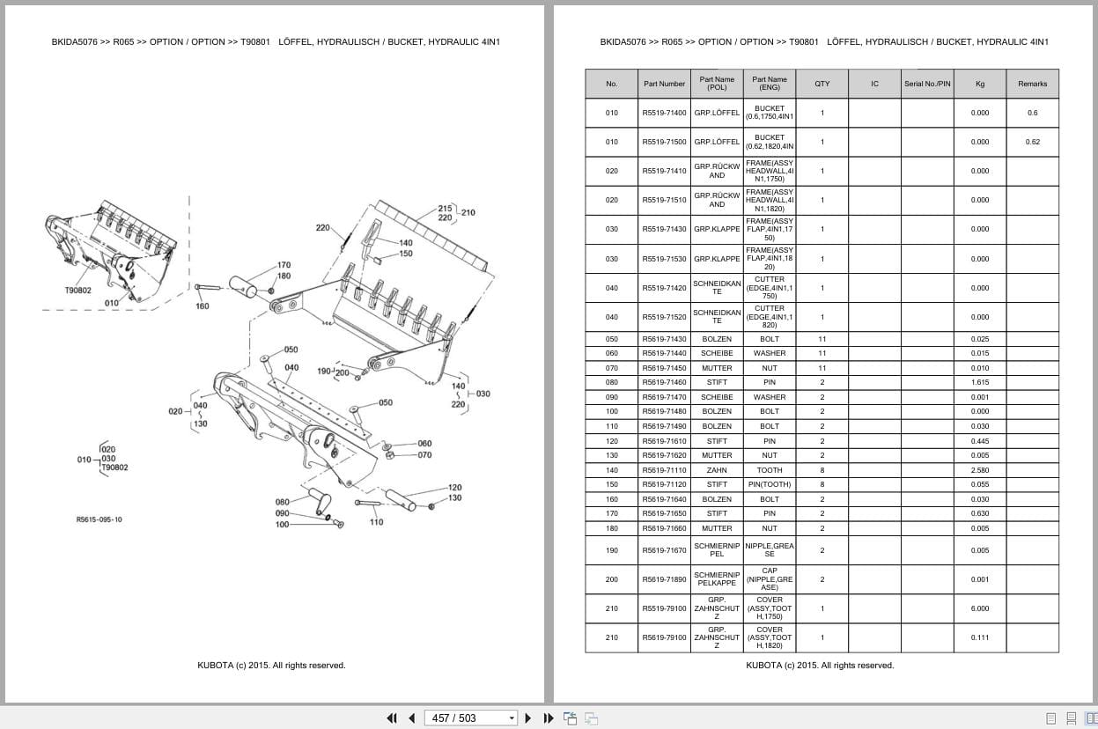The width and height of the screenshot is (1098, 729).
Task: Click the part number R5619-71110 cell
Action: coord(664,470)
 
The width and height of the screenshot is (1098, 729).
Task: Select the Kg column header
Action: coord(980,84)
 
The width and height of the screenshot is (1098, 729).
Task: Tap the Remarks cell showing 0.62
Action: coord(1032,142)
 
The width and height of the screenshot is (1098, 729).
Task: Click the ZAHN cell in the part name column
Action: coord(717,470)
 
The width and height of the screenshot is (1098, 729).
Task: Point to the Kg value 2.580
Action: coord(980,470)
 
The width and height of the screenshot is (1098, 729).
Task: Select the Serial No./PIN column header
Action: coord(927,84)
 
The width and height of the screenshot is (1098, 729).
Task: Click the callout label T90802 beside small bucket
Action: coord(77,290)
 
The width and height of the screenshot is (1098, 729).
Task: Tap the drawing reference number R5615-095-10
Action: coord(99,519)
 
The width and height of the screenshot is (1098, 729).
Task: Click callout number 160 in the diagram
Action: coord(203,306)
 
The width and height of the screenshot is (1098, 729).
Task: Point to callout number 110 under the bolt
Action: coord(376,522)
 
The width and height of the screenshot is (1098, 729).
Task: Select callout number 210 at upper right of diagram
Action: coord(468,212)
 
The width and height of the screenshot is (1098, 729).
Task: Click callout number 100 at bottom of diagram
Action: coord(282,525)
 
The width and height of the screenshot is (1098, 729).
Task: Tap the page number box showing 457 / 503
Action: coord(470,718)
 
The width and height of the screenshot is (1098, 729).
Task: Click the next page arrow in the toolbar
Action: coord(528,718)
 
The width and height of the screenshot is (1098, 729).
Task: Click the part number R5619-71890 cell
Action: coord(664,579)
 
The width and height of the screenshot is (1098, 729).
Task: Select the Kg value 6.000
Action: coord(980,608)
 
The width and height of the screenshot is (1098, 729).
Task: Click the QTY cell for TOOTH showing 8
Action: coord(822,470)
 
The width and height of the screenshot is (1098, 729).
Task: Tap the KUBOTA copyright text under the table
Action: coord(820,666)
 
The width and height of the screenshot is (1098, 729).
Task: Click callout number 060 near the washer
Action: coord(424,444)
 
